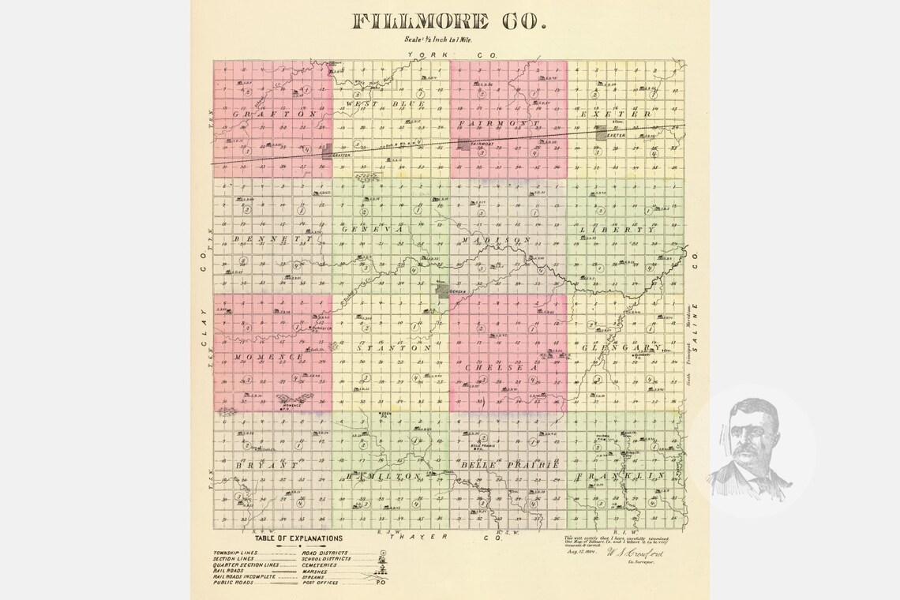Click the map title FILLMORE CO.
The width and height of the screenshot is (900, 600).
[449, 21]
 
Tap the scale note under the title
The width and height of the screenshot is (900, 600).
[449, 40]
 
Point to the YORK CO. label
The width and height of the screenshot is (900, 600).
[448, 54]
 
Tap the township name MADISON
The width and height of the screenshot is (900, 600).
[497, 239]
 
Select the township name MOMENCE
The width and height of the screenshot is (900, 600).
[269, 358]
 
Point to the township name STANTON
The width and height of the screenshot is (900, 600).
[392, 347]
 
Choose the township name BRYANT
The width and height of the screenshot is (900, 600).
[266, 465]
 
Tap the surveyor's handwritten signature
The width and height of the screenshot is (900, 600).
[630, 555]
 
